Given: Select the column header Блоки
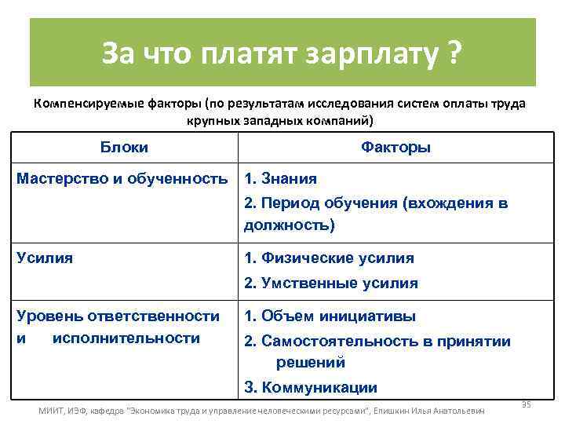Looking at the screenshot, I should pos(125,148).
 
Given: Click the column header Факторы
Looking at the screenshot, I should pos(395,148).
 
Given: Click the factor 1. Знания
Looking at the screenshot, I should pos(281,178).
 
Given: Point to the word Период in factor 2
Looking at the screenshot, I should pos(293,203).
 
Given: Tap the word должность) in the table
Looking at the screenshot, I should pos(289,225).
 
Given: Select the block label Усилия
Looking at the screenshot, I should pos(45,258).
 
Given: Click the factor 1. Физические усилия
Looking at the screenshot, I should pos(329,258).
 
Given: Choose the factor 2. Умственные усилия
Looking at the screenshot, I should pos(330,283).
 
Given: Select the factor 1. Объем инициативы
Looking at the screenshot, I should pos(330,316).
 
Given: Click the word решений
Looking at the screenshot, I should pos(311,362).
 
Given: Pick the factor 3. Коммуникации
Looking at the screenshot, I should pos(311,387).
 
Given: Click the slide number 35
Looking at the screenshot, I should pos(527,404).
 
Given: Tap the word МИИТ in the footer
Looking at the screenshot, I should pos(52,411).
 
